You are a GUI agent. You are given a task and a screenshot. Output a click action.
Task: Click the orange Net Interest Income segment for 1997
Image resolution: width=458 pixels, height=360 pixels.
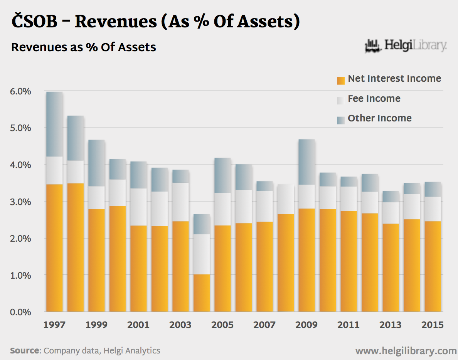coord(54,248)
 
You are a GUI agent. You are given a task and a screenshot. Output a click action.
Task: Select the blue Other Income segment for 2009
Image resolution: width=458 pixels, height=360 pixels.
coord(306,162)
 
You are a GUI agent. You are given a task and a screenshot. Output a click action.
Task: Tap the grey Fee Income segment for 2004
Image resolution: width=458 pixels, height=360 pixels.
coord(202,254)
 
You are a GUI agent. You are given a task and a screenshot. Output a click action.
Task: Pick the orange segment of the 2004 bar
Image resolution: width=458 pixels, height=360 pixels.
coord(202,293)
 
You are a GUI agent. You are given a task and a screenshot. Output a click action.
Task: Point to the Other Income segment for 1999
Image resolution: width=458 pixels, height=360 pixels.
coord(96,163)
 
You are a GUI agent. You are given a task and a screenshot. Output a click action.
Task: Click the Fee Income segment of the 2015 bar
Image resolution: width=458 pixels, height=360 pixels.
coord(433,209)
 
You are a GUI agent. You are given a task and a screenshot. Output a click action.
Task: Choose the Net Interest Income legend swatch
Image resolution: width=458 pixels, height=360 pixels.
coord(340,80)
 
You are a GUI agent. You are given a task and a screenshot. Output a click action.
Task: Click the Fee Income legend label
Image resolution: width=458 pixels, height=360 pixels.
coord(374,99)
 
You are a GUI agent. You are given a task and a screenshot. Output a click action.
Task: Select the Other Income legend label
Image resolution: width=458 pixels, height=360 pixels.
coord(379,118)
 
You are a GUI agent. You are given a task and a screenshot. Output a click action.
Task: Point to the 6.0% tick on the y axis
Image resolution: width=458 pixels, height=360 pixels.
coord(20,91)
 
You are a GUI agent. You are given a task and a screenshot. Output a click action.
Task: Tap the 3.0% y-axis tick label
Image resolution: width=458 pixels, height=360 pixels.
coord(20,202)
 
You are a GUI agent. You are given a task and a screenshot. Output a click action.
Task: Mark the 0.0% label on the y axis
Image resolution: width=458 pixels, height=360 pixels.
coord(20,312)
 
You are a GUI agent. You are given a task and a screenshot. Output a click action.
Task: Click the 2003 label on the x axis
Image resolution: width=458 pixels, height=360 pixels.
coord(180,325)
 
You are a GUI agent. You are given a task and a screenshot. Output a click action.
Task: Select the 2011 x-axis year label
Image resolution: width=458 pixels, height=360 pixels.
coord(349,325)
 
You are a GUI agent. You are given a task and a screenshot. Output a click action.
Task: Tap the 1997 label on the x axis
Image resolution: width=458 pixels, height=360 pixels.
coord(54,325)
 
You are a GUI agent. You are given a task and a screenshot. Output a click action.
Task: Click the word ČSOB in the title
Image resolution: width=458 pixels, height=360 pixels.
coord(34,22)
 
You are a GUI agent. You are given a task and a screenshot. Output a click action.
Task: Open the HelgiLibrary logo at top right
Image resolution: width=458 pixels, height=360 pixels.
coord(406,46)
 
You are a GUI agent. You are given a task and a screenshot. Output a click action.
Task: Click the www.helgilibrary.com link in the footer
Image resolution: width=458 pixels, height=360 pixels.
coord(406,351)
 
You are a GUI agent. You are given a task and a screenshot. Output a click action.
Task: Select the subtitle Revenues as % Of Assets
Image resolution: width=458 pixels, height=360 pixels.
coord(84,47)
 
